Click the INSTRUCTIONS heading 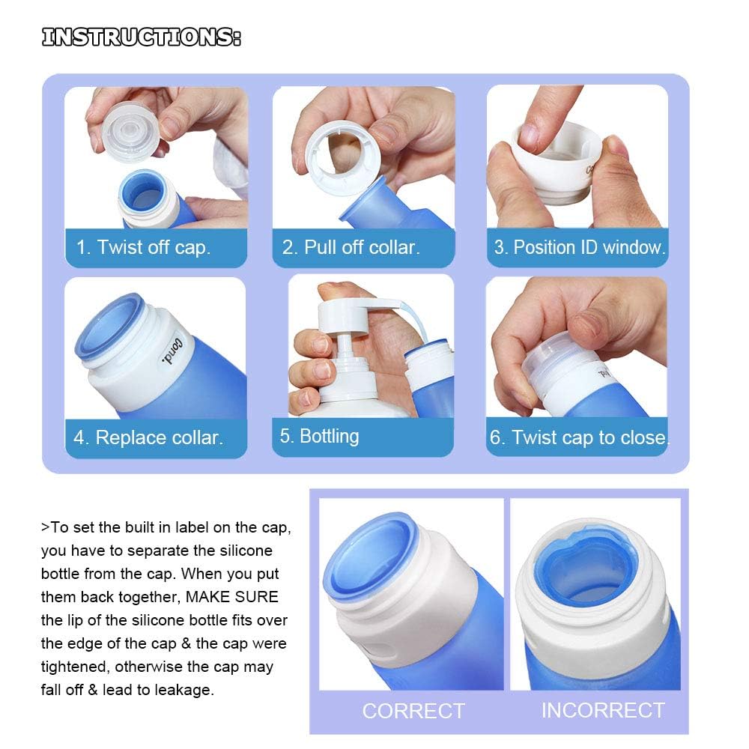click(x=142, y=37)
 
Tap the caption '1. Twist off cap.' click(x=143, y=247)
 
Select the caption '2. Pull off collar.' click(x=351, y=247)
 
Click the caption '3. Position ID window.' click(x=580, y=247)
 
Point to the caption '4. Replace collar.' click(x=148, y=437)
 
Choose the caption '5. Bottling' click(x=319, y=436)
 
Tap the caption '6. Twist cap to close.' click(x=580, y=437)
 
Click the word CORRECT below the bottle click(x=413, y=711)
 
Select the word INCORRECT click(x=603, y=710)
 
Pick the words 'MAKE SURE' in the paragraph click(x=231, y=597)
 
